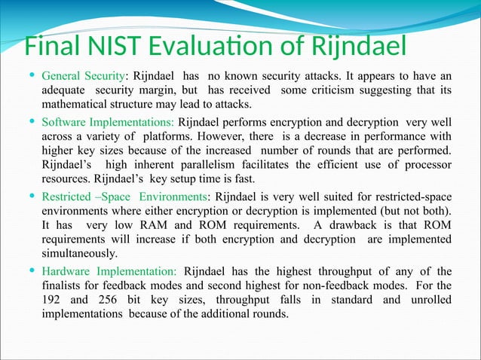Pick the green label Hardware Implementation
(x=109, y=271)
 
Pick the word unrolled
(x=430, y=301)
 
